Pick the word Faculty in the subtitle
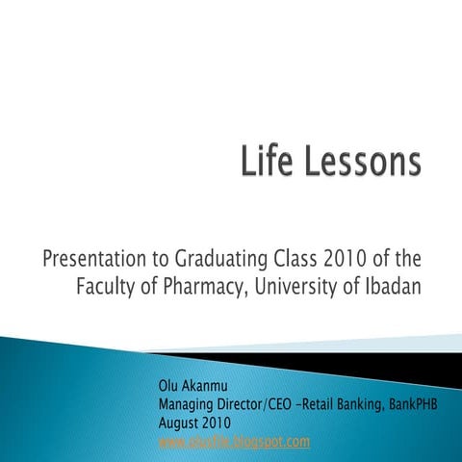coord(108,288)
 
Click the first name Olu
coord(167,388)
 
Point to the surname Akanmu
coord(208,388)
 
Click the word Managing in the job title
coord(183,405)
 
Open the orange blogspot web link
coord(234,442)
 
